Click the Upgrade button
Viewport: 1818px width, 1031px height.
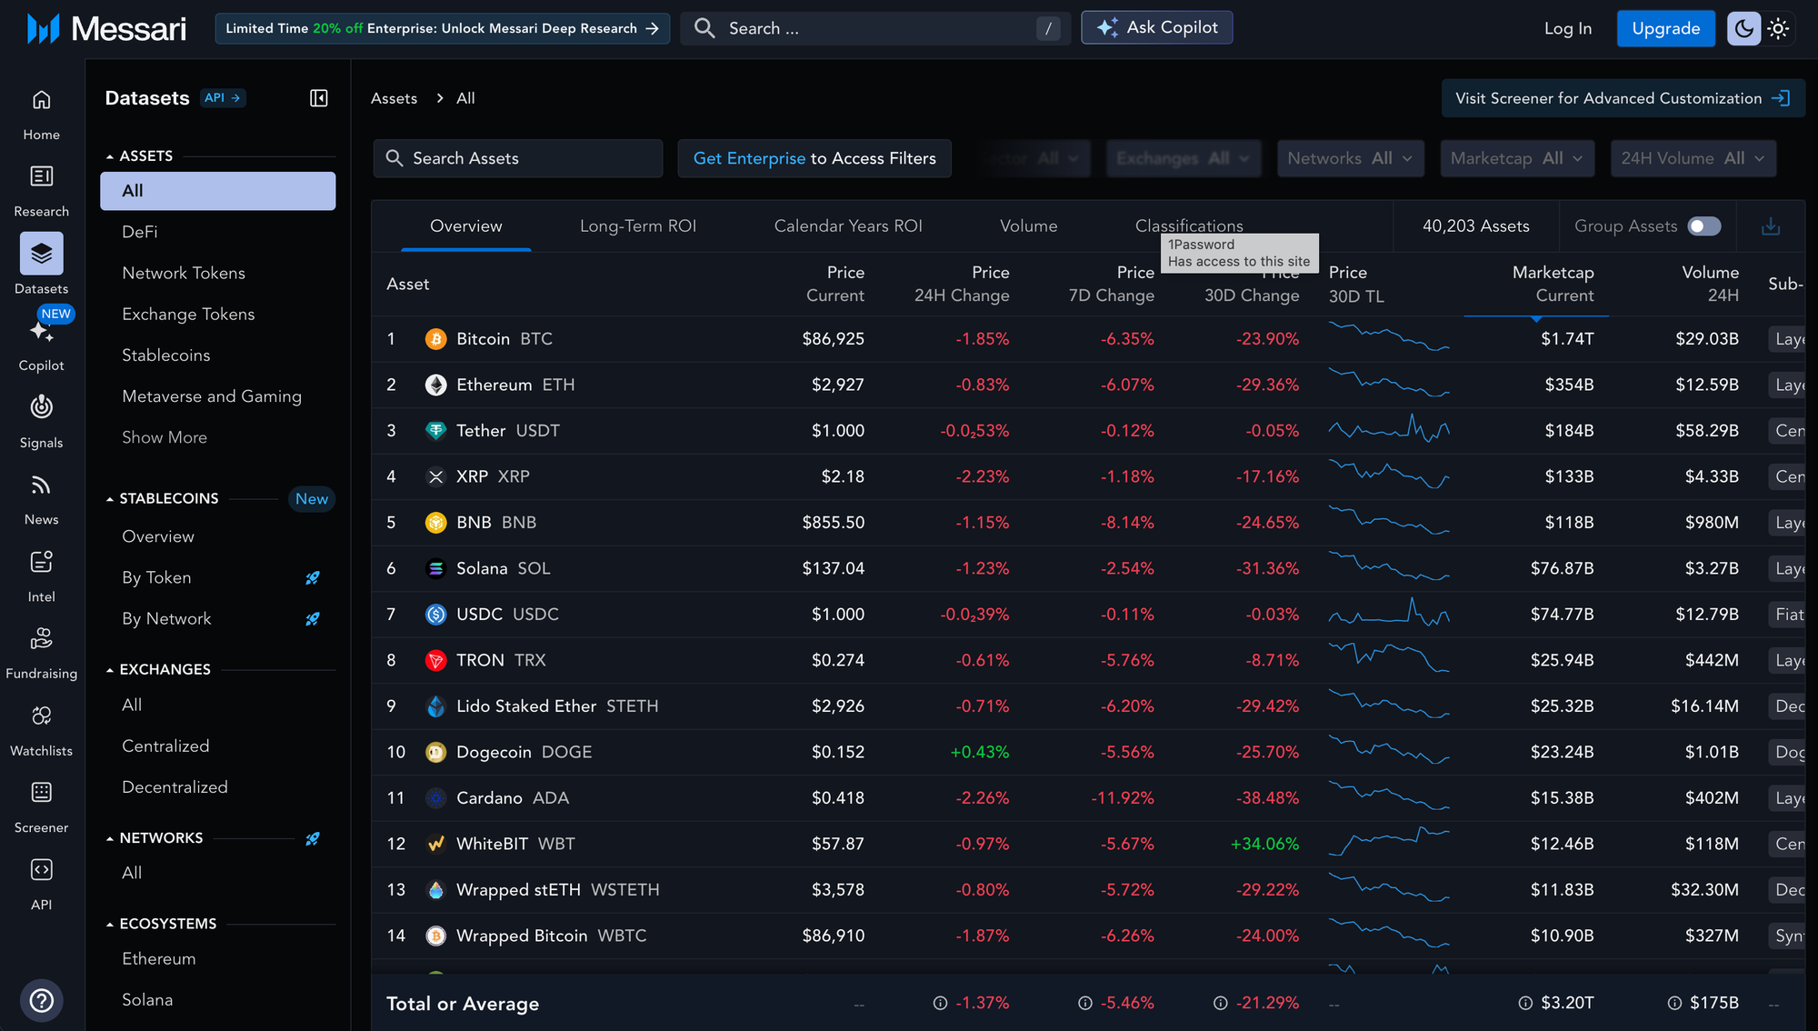[1665, 28]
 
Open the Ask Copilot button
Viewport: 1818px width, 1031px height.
[1156, 28]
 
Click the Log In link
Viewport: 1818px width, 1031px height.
[1567, 28]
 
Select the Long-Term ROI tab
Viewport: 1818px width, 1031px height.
[638, 226]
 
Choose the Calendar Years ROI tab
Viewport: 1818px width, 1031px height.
[847, 226]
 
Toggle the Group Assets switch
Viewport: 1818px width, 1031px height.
[1703, 226]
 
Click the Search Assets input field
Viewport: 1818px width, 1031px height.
[518, 158]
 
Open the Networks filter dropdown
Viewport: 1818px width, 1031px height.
[1350, 158]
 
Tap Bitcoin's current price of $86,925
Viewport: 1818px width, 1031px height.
[833, 339]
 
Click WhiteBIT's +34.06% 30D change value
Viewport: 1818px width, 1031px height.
[1264, 844]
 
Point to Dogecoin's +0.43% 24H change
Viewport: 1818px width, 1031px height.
[979, 752]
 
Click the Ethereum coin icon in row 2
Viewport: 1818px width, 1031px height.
[436, 385]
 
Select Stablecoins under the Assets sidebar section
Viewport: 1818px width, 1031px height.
[166, 355]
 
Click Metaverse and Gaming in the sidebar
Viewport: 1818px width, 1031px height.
[212, 396]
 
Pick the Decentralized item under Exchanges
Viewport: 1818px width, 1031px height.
[175, 787]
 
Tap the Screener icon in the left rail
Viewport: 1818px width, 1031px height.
[41, 793]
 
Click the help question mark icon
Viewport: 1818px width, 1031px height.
[41, 1001]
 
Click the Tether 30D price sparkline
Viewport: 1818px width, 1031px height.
[1388, 430]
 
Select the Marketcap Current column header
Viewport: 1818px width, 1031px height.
[1553, 284]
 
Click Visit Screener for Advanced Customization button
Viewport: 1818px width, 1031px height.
[1623, 98]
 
